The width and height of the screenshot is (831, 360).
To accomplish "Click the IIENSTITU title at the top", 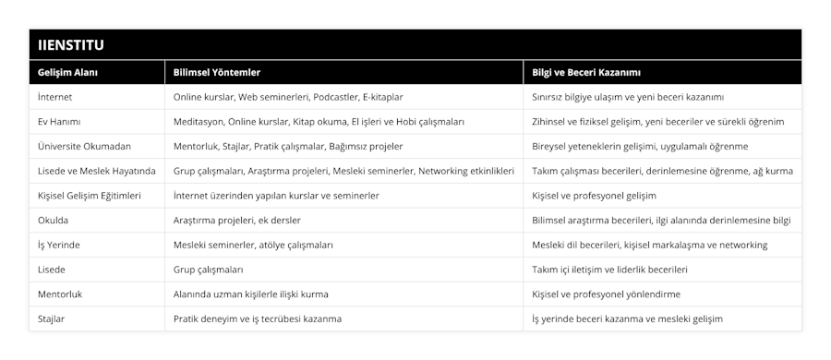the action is [x=71, y=43].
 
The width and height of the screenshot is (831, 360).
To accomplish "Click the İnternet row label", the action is [x=55, y=96].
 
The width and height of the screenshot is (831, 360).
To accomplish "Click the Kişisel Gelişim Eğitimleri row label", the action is [x=90, y=196].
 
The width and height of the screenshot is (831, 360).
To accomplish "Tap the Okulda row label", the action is [x=54, y=220].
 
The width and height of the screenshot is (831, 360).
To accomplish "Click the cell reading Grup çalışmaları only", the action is [x=209, y=270].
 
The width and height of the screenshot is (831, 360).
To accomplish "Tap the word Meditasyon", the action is [x=199, y=121].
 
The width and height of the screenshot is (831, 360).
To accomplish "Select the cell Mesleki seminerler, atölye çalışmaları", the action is [x=253, y=245].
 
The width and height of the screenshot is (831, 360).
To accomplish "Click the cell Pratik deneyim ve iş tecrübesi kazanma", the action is [x=258, y=318].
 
